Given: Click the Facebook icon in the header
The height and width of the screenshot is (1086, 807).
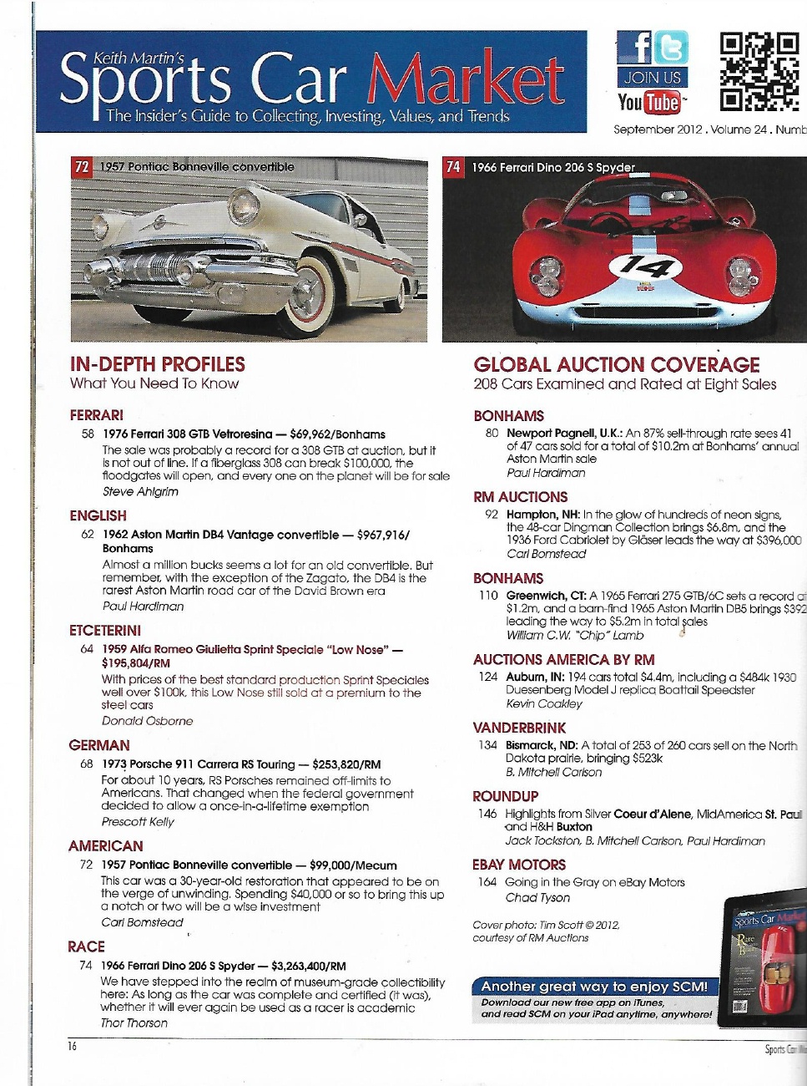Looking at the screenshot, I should tap(634, 48).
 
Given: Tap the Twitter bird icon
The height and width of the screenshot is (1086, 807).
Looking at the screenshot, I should tap(671, 48).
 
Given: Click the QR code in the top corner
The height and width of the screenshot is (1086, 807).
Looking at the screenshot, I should tap(759, 73).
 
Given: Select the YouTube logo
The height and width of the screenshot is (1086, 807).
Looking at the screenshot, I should tap(649, 103).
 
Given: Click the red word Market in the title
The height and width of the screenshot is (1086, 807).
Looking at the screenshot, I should tap(465, 80).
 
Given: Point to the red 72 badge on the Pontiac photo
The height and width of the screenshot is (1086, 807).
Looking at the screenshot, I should tap(82, 167).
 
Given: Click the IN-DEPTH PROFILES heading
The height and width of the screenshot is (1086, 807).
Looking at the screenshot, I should tap(158, 364).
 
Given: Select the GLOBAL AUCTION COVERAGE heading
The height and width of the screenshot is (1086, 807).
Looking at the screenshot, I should tap(617, 365).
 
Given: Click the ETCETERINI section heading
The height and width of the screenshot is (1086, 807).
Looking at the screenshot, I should tap(105, 631).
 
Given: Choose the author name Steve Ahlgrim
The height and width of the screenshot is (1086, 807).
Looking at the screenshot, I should tap(140, 492).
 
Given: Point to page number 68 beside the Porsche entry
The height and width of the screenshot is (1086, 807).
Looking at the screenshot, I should tap(87, 764).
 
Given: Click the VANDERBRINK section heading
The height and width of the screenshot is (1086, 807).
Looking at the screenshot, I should tap(519, 728).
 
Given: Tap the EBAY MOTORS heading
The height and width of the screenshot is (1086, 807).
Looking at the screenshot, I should tap(519, 865).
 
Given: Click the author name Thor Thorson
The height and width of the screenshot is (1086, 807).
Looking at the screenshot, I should tap(134, 1023).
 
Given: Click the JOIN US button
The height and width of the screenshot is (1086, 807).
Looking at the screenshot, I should tap(653, 78).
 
